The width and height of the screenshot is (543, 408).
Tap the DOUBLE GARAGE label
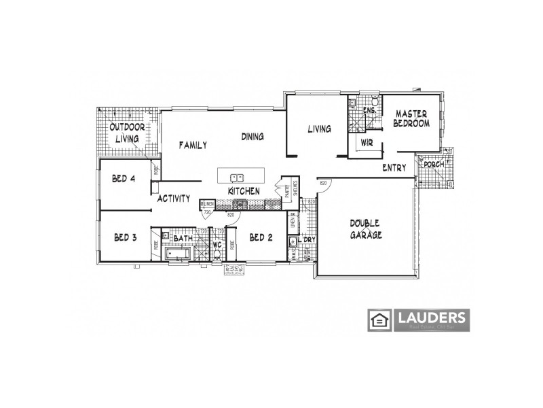366,229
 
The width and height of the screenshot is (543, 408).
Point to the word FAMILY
193,145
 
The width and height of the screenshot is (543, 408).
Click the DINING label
252,137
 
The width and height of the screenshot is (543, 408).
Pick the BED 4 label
124,179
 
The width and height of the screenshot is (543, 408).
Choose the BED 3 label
126,237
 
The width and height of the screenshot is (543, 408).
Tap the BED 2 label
261,237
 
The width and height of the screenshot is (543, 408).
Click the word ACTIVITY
173,199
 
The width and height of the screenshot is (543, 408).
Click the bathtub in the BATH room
178,255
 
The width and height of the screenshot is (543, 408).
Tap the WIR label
367,143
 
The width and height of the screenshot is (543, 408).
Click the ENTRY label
394,167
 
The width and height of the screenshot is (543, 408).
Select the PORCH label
434,165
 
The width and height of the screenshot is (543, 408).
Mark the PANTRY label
287,194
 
